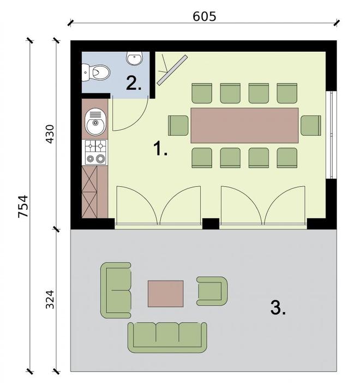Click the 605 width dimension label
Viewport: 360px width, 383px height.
click(205, 16)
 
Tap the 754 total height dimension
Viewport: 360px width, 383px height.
click(23, 206)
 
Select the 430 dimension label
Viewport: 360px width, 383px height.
click(50, 134)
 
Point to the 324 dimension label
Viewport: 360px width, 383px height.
click(50, 300)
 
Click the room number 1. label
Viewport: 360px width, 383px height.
click(160, 149)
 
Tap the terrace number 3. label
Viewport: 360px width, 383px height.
click(278, 307)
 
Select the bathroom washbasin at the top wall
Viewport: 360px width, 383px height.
click(134, 59)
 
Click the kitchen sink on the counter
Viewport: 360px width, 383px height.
click(95, 122)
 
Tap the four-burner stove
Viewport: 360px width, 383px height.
click(95, 152)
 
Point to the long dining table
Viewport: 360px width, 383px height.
click(244, 125)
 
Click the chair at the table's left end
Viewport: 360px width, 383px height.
click(178, 125)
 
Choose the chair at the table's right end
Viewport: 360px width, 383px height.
click(311, 125)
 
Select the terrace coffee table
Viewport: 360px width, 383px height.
click(166, 294)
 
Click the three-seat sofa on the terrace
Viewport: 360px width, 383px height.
click(167, 337)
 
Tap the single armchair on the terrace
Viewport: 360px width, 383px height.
click(212, 291)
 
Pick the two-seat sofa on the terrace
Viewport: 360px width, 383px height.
click(116, 290)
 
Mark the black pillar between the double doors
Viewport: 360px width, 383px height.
click(211, 223)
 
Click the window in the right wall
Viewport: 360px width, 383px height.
click(332, 135)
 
